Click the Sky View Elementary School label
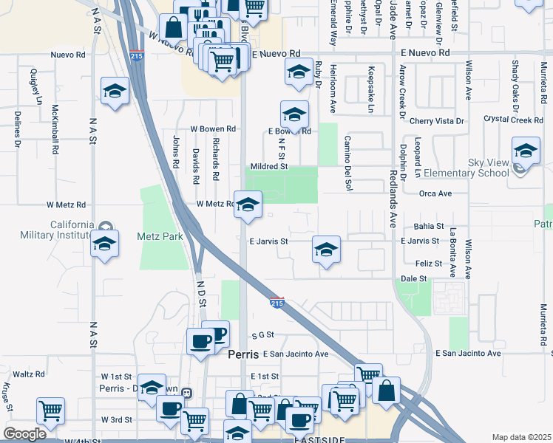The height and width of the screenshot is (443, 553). coord(489,168)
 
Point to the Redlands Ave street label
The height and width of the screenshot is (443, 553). coord(392,188)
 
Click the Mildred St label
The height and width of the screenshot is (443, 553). coord(268,167)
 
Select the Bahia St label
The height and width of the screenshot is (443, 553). coord(429,226)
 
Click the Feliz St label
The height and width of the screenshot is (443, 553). coord(429,263)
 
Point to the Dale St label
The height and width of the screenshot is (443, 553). coord(414,278)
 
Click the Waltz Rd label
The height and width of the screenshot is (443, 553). coord(30,374)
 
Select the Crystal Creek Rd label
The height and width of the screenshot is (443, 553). coord(513,120)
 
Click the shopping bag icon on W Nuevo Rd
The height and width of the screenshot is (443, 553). coord(172,29)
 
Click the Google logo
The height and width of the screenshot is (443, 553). coord(24,434)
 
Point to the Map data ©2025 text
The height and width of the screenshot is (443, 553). coord(521,437)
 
